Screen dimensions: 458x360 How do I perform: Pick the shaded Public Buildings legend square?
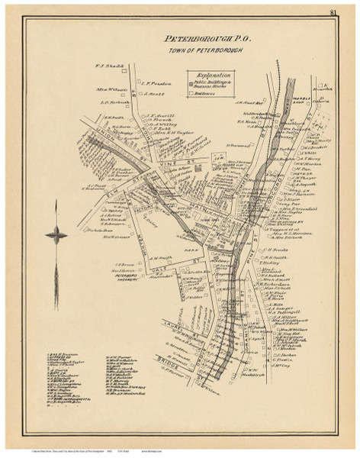pos(191,82)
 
